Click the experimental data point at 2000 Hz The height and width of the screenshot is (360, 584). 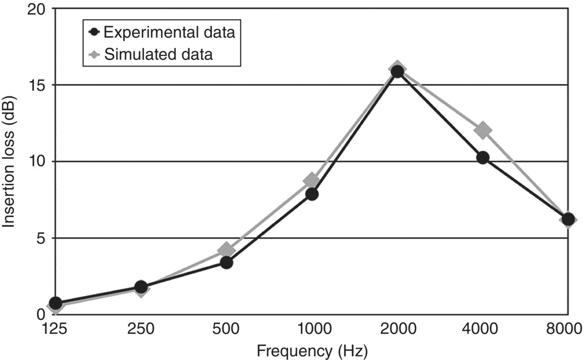coord(397,72)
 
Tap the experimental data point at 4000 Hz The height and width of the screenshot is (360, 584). coord(482,158)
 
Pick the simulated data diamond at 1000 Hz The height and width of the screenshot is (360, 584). coord(311,180)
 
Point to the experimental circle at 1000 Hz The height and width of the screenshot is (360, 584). coord(311,194)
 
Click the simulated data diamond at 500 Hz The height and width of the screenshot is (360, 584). coord(226,250)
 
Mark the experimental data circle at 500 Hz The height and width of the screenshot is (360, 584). coord(226,262)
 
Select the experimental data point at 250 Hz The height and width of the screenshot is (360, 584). coord(141,287)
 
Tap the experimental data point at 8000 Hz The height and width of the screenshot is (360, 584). coord(568,219)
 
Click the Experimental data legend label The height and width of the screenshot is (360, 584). coord(169,33)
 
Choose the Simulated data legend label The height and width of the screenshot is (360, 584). coord(158,54)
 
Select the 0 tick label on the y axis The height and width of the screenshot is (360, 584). coord(40,314)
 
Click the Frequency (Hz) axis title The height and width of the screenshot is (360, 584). coord(311,351)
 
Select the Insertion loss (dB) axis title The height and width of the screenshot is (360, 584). coord(9,161)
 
